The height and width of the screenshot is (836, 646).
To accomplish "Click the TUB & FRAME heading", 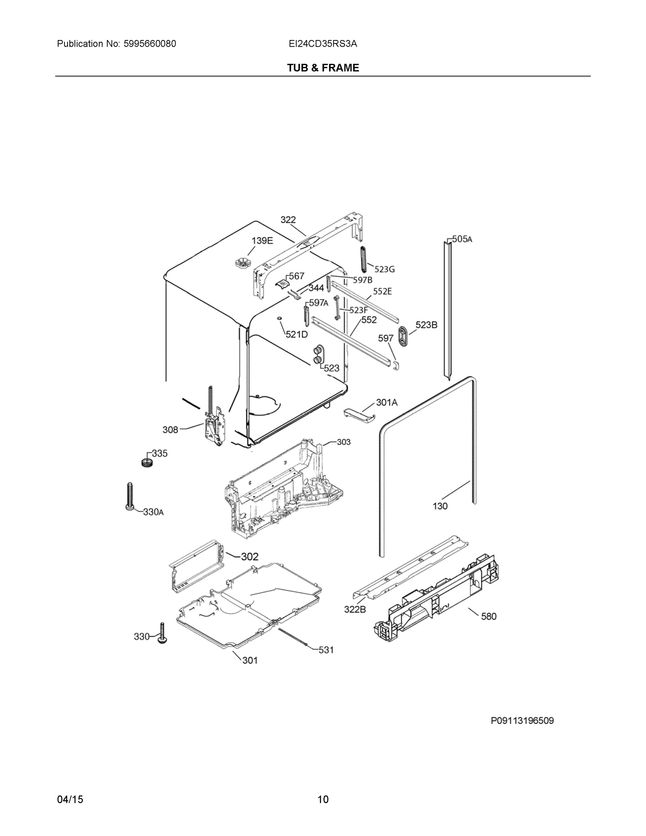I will pyautogui.click(x=323, y=68).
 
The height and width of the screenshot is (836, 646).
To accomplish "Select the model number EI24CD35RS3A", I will pyautogui.click(x=323, y=44).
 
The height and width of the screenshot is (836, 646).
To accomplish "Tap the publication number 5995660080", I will pyautogui.click(x=150, y=44).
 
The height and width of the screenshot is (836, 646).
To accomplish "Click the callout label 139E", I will pyautogui.click(x=262, y=241).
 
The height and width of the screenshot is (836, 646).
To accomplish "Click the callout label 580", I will pyautogui.click(x=488, y=616).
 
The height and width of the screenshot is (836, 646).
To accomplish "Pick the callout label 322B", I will pyautogui.click(x=355, y=609).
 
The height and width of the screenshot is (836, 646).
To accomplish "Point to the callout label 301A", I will pyautogui.click(x=387, y=402).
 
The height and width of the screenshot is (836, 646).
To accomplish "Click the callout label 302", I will pyautogui.click(x=250, y=557).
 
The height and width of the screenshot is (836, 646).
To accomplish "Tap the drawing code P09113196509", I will pyautogui.click(x=522, y=721).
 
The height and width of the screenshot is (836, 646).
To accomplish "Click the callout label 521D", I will pyautogui.click(x=297, y=334).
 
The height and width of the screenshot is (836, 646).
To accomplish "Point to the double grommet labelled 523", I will pyautogui.click(x=318, y=354).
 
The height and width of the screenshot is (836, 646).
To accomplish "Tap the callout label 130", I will pyautogui.click(x=440, y=506).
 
